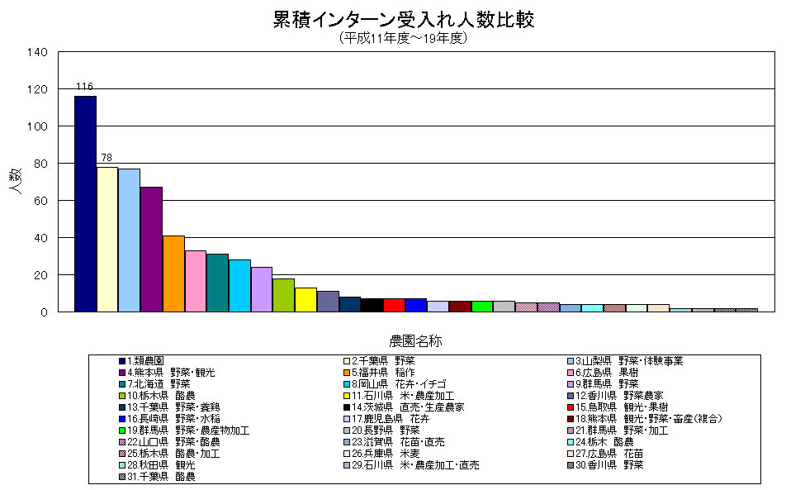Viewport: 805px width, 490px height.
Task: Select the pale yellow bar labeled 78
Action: [107, 239]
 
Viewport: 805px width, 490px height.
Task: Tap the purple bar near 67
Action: [151, 249]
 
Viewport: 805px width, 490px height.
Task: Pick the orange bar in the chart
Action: [173, 274]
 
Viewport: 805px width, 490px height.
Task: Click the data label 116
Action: [84, 87]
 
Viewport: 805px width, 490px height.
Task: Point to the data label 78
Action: [107, 157]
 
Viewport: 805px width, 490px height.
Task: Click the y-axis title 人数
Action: [16, 182]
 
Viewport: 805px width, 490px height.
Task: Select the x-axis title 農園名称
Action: [420, 340]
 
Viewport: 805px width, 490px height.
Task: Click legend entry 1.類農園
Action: [145, 361]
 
